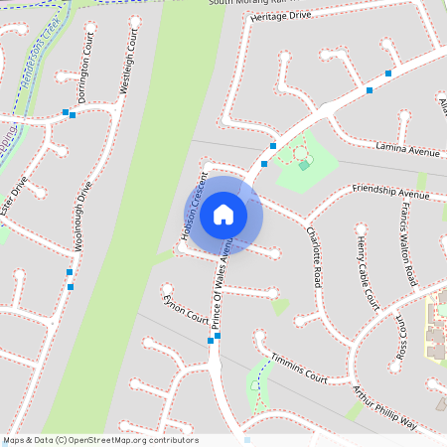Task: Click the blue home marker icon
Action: point(223,215)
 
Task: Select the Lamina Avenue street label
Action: point(407,150)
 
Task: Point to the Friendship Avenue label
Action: point(390,191)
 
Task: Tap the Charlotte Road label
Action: point(314,257)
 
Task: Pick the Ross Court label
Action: point(402,338)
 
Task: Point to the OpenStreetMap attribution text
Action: point(101,440)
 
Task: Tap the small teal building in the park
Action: point(304,165)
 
